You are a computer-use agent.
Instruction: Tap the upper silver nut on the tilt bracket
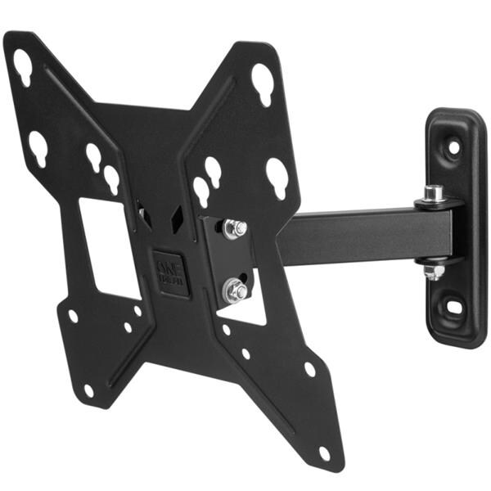234,228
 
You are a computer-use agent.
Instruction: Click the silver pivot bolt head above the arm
435,194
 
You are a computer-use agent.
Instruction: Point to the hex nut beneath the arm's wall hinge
435,272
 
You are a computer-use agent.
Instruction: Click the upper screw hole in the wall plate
453,147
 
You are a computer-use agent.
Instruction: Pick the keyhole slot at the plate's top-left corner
22,66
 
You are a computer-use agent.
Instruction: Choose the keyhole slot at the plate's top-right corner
262,82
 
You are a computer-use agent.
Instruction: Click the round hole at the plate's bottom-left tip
88,390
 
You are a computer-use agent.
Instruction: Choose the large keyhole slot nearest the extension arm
277,177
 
